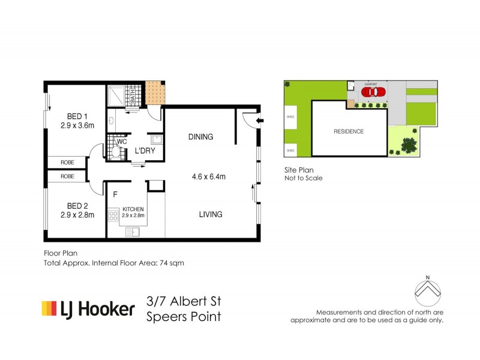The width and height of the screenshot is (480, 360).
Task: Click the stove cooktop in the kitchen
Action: pos(113,215)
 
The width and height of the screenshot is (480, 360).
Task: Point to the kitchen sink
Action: pos(133,231)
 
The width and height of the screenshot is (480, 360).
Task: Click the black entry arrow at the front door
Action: pos(259,122)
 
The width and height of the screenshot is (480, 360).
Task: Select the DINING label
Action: pos(200,137)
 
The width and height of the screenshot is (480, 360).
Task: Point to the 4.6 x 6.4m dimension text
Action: pos(208,176)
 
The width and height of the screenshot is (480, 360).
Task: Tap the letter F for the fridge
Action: pos(115,194)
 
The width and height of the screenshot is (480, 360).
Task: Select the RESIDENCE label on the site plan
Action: pos(349,131)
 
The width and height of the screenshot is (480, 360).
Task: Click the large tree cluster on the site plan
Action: pos(408,145)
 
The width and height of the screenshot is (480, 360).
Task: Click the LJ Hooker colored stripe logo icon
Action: pos(49,309)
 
